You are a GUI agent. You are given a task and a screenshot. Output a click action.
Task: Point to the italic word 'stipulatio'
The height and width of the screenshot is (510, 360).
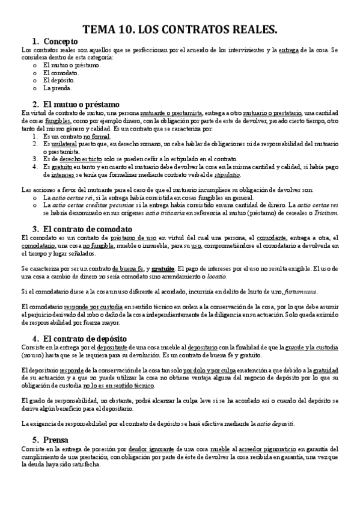click(x=227, y=175)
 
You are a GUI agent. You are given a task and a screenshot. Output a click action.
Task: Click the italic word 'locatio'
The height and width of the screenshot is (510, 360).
click(x=213, y=276)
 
